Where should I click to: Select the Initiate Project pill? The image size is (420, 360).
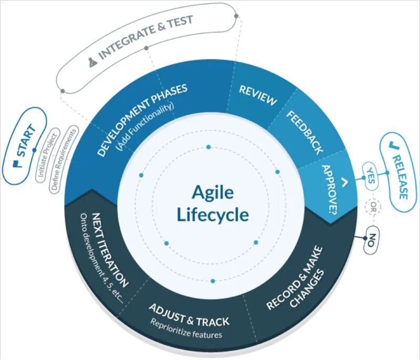[x=46, y=155]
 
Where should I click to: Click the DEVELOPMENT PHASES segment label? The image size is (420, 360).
[x=142, y=120]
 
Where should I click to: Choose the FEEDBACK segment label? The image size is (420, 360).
[x=304, y=131]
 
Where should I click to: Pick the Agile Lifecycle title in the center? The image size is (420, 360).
[x=212, y=202]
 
